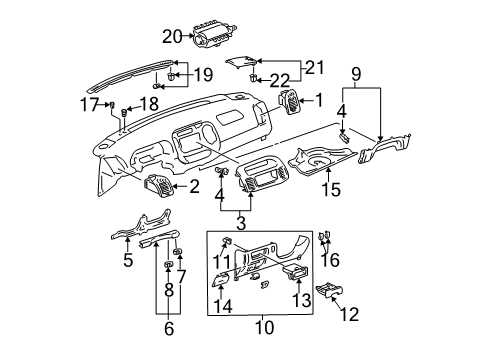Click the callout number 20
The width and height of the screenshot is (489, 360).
(173, 36)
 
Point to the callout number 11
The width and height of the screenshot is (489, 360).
(222, 263)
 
